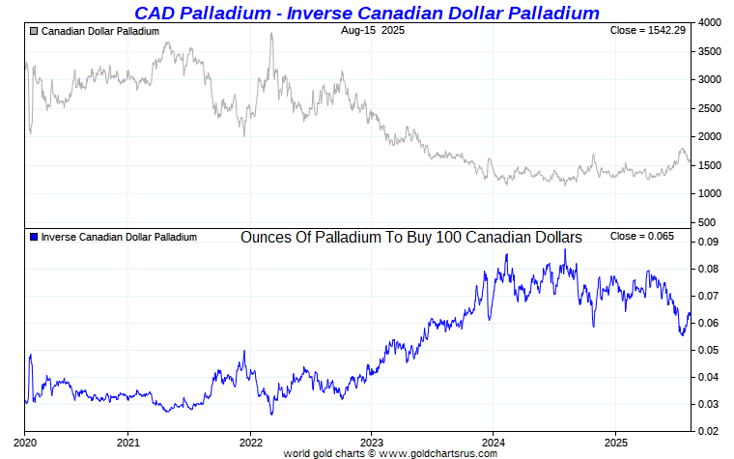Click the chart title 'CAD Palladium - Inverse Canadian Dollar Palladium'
(x=366, y=13)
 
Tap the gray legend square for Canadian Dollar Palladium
(x=35, y=32)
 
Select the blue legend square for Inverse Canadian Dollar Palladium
(x=35, y=237)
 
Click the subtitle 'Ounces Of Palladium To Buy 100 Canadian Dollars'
(x=410, y=237)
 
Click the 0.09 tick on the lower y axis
(x=709, y=243)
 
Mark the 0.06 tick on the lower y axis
(x=709, y=324)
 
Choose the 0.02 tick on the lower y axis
(x=709, y=432)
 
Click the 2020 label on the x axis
(x=24, y=443)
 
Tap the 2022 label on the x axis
(x=250, y=443)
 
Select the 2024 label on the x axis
(x=493, y=443)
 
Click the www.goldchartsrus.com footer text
(x=444, y=453)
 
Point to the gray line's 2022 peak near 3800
(x=271, y=34)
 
